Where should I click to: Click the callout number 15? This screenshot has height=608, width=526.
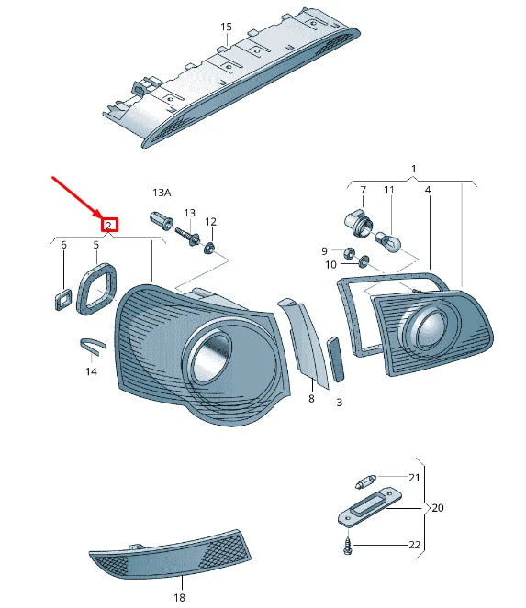[x=226, y=27]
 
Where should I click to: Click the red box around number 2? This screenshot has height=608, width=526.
[x=109, y=225]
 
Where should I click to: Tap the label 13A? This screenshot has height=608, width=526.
[x=162, y=193]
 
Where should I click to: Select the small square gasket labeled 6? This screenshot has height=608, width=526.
[x=62, y=300]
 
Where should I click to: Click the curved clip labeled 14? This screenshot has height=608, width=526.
[x=93, y=346]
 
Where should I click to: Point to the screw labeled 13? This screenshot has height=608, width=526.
[x=187, y=236]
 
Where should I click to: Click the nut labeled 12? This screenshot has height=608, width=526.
[x=209, y=247]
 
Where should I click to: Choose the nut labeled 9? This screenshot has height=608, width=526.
[x=349, y=253]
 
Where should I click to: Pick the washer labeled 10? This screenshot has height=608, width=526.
[x=364, y=261]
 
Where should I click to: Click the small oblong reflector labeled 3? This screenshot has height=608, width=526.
[x=336, y=359]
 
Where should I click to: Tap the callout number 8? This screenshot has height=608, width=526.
[x=311, y=399]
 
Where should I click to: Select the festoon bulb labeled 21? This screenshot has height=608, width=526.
[x=366, y=481]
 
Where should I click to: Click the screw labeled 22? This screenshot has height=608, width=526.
[x=347, y=547]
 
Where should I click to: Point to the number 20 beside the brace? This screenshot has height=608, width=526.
[x=438, y=507]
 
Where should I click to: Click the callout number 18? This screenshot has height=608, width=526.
[x=179, y=598]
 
